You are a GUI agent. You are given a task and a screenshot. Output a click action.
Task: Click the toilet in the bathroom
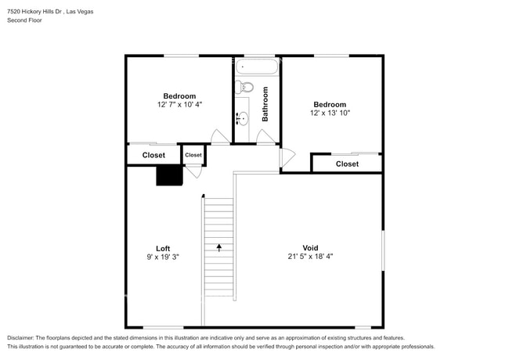[244, 87]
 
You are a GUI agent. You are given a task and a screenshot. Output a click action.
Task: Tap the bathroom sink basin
[243, 119]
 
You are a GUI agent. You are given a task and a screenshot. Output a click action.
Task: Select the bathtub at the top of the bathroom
[256, 67]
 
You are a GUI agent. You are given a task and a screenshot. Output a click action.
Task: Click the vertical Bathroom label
[265, 104]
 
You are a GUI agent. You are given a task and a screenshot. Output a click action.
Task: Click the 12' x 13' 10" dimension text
[330, 113]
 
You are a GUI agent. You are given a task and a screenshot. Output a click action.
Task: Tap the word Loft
[163, 248]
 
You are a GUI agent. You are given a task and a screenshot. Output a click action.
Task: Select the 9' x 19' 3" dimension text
[163, 257]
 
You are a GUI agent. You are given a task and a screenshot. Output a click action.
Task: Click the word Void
[311, 248]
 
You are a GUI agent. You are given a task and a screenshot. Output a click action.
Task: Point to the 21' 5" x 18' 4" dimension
[311, 257]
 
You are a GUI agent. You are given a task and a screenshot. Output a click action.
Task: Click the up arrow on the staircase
[219, 247]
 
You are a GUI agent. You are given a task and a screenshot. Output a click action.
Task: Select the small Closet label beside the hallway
[193, 155]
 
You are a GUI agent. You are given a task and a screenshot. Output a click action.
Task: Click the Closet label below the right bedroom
[347, 164]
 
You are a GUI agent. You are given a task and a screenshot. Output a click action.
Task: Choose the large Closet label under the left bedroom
[153, 155]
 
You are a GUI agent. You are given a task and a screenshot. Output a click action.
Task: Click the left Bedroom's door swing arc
[220, 135]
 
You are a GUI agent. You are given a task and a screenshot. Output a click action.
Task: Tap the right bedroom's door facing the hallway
[287, 157]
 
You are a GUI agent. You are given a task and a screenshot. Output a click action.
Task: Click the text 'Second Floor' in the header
[25, 20]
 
